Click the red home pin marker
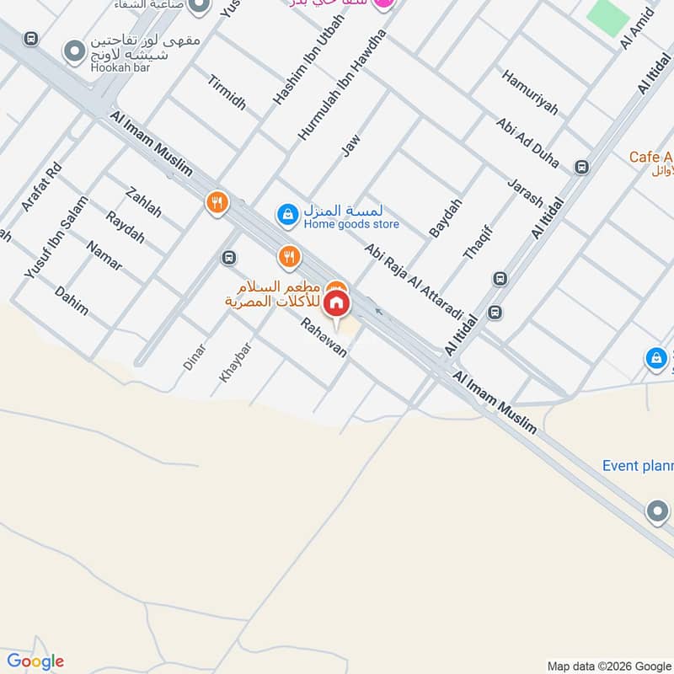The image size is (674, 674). tap(337, 304)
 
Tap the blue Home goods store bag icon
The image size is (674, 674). tap(288, 215)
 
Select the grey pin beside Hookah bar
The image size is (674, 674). tap(75, 51)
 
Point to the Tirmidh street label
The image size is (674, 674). tap(226, 90)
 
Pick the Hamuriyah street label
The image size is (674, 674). tap(530, 93)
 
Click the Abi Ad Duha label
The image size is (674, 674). tap(527, 142)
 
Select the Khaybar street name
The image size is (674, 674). tap(235, 362)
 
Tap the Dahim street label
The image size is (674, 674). tap(72, 300)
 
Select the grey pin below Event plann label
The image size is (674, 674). tap(656, 511)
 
